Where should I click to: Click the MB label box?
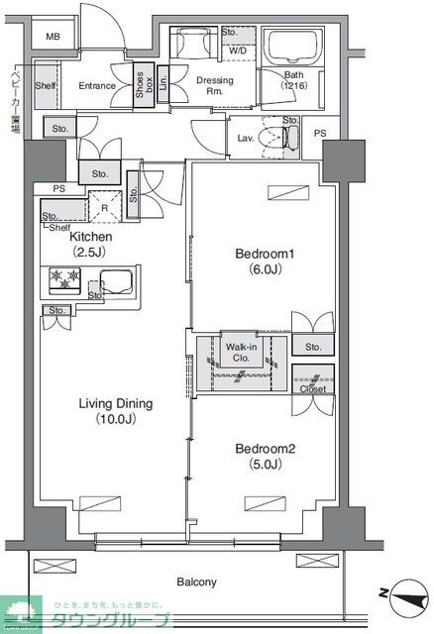(53, 38)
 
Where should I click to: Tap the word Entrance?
(97, 86)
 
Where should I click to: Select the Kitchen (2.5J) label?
(90, 245)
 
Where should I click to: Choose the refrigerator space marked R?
(104, 210)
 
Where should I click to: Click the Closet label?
(313, 389)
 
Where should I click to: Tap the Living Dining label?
(117, 411)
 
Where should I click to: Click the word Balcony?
(197, 581)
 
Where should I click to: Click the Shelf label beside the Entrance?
(45, 86)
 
